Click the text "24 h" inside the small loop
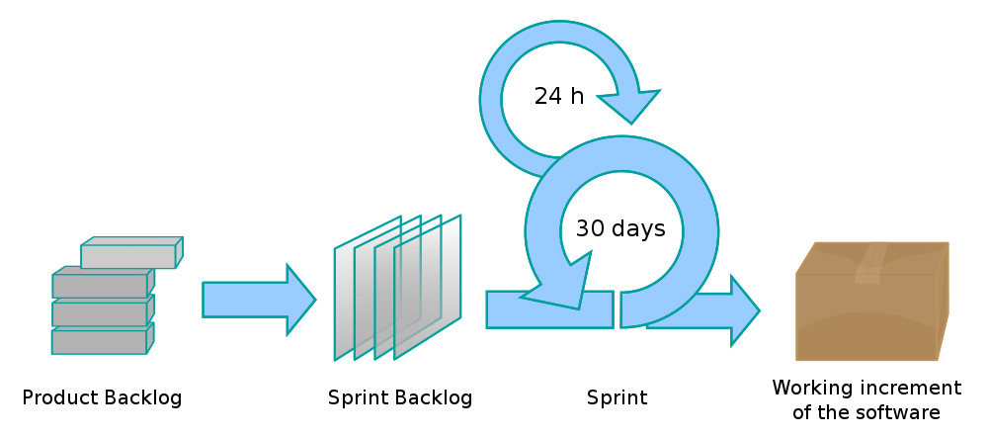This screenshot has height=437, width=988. (x=559, y=97)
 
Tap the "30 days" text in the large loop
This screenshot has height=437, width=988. (x=620, y=228)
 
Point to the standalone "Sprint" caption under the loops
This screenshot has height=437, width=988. (x=617, y=398)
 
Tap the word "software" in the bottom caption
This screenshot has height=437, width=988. (x=905, y=412)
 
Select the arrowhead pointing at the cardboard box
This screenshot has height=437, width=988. (x=743, y=310)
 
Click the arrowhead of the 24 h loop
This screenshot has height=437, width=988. (x=629, y=104)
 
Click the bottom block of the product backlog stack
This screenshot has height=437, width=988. (x=100, y=342)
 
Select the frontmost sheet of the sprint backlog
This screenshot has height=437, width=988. (x=429, y=287)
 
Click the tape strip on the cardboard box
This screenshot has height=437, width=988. (x=868, y=262)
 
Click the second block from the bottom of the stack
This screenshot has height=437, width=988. (x=100, y=314)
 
